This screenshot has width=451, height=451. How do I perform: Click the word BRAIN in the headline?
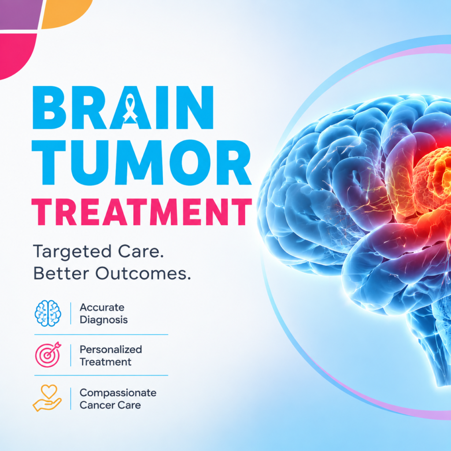coord(123,107)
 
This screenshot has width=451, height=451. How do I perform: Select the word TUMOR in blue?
coord(141,162)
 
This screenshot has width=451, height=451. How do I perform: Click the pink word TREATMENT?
coord(141,212)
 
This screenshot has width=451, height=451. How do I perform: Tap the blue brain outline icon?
coord(48,313)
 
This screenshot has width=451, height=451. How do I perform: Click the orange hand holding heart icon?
coord(47,398)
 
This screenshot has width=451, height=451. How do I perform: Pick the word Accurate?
coord(102,307)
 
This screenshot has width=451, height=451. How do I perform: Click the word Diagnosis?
coord(104,320)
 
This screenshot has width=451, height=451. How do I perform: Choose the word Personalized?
coord(111,349)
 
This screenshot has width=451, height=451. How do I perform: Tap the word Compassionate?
coord(118,393)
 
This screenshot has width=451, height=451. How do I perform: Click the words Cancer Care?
coord(110,405)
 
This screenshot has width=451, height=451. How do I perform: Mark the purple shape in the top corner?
coord(20,14)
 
